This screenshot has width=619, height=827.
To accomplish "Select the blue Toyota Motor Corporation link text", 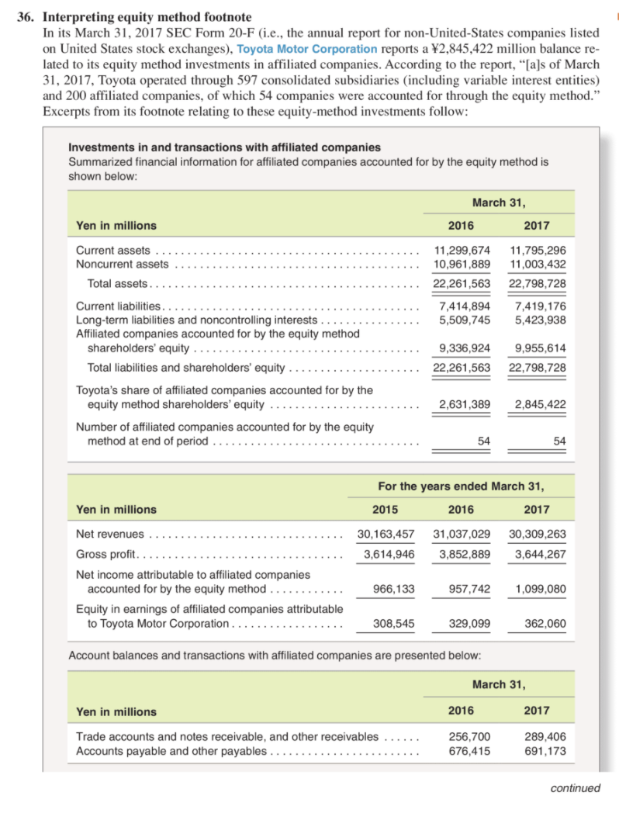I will click(299, 48).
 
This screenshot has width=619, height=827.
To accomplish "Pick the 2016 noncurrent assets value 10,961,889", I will click(461, 264).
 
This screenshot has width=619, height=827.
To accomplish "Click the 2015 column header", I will click(385, 509).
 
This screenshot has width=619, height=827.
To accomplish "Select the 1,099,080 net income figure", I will click(538, 589).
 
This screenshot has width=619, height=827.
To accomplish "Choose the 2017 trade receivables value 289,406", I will click(545, 736).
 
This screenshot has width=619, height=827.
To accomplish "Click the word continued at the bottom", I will click(575, 788).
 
